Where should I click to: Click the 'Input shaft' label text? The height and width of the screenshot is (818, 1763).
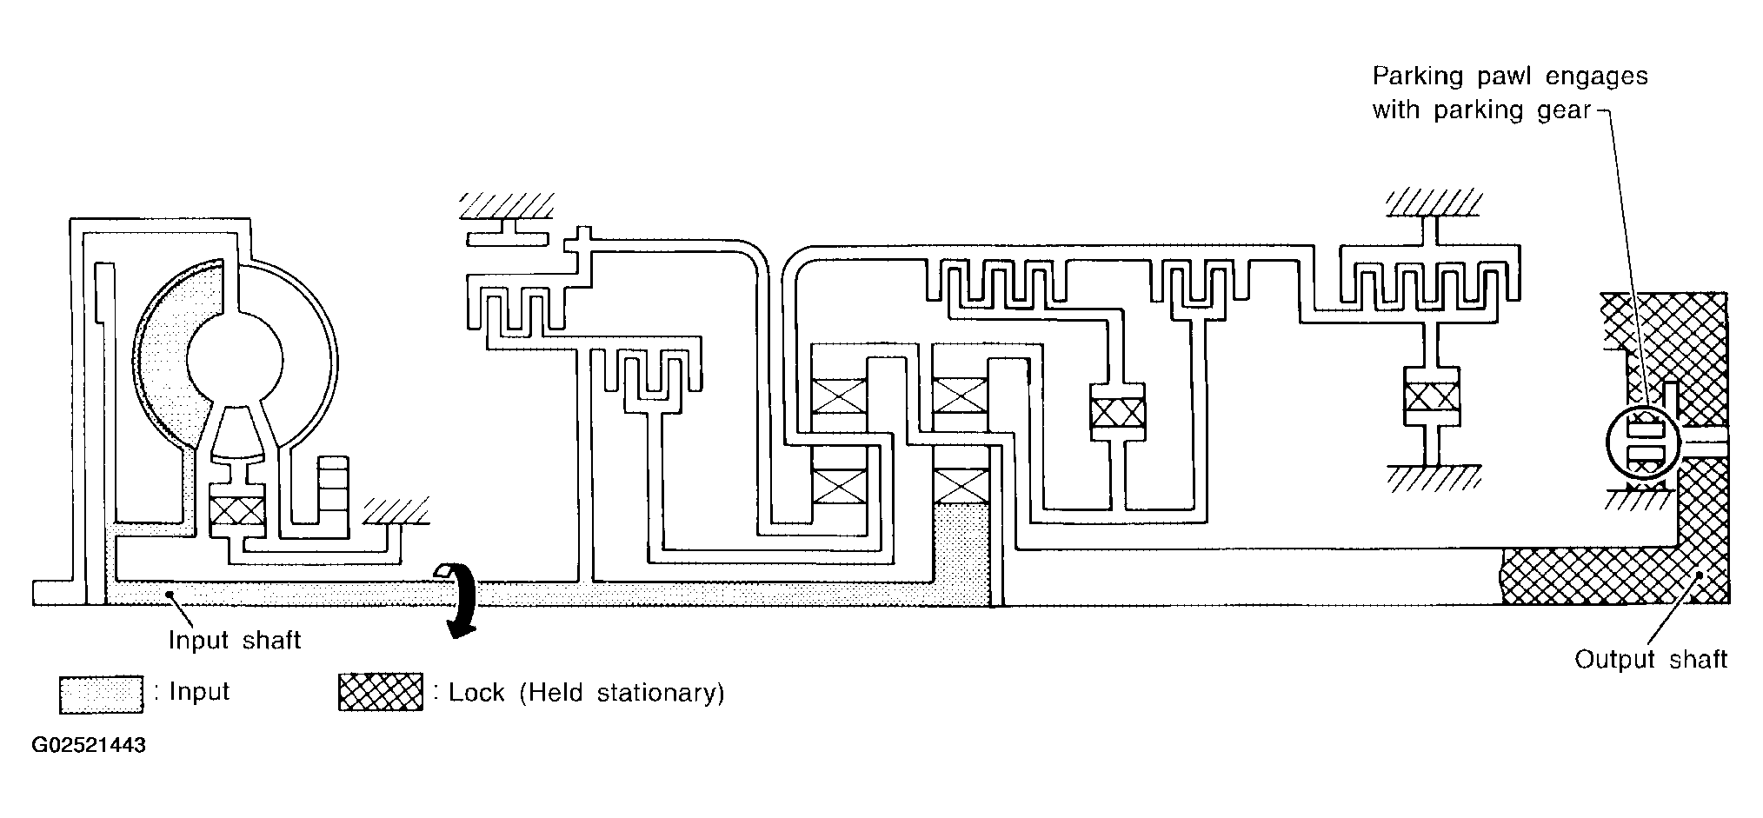tap(235, 641)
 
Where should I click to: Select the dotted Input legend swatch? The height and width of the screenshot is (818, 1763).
tap(101, 695)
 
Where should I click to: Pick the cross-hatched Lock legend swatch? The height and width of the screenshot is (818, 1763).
tap(381, 693)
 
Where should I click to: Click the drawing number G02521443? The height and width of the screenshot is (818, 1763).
tap(89, 746)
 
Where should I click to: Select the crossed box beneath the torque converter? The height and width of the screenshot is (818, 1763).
tap(237, 510)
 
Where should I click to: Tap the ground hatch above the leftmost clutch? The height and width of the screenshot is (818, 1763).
tap(505, 205)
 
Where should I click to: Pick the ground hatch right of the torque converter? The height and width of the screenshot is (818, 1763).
tap(396, 511)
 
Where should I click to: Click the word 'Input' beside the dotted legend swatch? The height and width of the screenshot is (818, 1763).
tap(199, 693)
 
